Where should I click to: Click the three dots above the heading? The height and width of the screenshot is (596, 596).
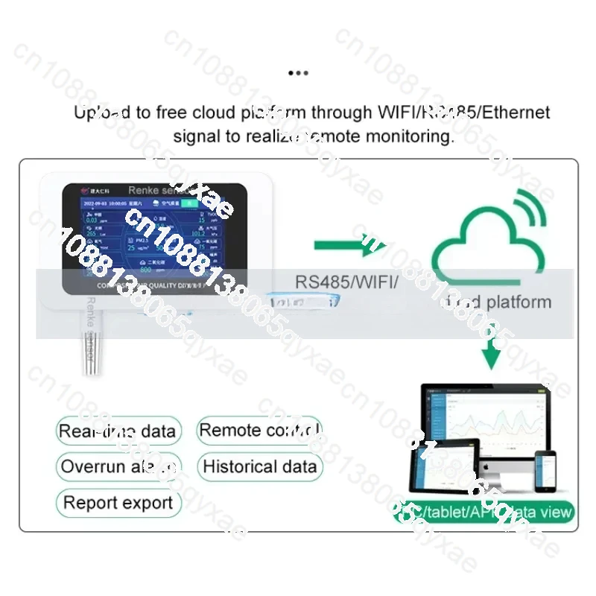(297, 73)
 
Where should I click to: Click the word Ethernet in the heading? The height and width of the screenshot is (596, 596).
(516, 112)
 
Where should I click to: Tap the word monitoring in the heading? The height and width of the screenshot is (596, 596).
(408, 136)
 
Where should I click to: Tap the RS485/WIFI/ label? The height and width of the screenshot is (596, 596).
(347, 282)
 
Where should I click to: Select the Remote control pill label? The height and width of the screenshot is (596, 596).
(259, 430)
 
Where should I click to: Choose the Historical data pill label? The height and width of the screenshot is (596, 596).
(259, 467)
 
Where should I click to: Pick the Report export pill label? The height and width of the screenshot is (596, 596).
(118, 503)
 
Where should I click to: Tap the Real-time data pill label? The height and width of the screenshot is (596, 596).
(118, 431)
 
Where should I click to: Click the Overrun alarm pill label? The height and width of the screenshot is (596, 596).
(118, 467)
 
